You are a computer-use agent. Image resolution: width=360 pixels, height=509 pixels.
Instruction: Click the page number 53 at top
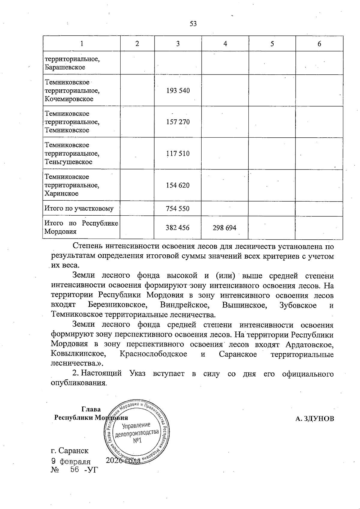(x=193, y=24)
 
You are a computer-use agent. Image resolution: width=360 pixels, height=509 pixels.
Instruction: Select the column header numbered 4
(x=225, y=44)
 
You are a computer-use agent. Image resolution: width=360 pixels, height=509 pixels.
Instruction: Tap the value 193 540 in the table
(x=178, y=91)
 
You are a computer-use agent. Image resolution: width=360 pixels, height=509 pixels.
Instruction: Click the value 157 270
(x=178, y=122)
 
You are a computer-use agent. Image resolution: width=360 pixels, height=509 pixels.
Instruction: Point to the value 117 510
(x=178, y=154)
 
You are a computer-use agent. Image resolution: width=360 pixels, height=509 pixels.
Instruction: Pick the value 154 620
(x=178, y=185)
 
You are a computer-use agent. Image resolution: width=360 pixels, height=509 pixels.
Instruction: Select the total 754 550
(x=178, y=209)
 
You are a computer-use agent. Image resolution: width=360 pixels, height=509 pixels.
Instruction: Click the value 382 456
(x=178, y=228)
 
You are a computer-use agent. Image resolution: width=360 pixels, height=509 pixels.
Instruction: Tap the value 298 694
(x=225, y=228)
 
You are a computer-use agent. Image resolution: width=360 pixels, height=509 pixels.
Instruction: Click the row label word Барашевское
(x=65, y=67)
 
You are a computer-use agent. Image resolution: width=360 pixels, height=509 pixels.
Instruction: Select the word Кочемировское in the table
(x=69, y=99)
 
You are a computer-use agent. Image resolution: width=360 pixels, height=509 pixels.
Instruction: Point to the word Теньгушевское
(x=68, y=162)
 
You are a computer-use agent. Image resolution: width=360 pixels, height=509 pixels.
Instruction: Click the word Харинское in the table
(x=61, y=193)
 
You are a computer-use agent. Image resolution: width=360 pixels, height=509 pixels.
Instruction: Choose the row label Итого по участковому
(x=79, y=209)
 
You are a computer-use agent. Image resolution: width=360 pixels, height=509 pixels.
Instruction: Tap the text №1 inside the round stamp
(x=137, y=441)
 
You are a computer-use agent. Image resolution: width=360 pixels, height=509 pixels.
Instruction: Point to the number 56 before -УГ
(x=74, y=470)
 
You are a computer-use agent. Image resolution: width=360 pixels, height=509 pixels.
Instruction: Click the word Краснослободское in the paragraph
(x=153, y=354)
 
